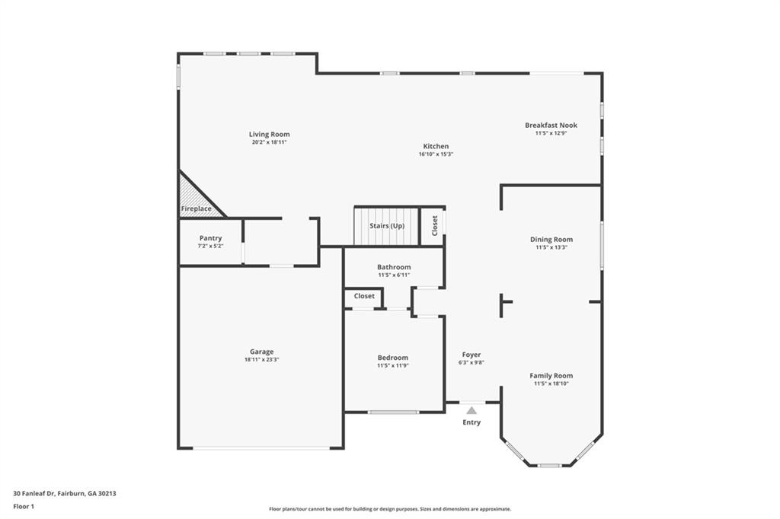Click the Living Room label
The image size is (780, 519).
pos(269,135)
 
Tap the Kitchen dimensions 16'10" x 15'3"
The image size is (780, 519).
pos(436,154)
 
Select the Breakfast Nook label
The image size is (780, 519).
pos(551,125)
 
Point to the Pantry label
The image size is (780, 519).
pos(210,238)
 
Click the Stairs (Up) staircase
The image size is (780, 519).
pos(386,226)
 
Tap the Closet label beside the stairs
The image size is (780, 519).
pos(435,226)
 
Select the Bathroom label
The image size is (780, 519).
pos(394,267)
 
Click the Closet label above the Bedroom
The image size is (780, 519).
pos(364,296)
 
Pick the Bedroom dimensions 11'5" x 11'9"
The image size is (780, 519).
pos(393,365)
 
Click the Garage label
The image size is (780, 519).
pos(261,352)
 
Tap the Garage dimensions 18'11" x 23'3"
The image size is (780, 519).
pos(261,359)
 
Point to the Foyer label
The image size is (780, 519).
pos(472,355)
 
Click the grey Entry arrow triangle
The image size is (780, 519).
pos(472,410)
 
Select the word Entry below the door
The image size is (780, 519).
pos(472,422)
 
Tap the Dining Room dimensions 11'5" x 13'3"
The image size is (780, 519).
pos(551,247)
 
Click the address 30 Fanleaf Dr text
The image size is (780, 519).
pos(65,493)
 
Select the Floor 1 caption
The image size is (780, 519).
pos(24,506)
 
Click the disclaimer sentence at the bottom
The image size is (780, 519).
pos(389,509)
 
